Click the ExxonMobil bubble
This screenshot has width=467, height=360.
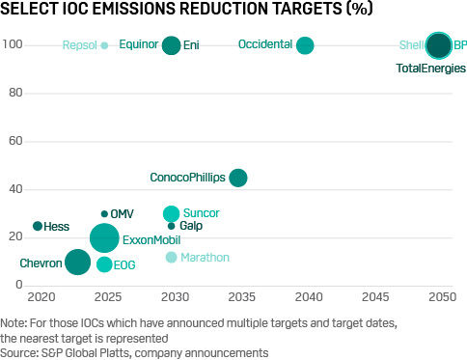pos(104,237)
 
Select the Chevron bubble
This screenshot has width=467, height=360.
pos(78,262)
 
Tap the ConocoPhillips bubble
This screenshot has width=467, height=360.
pos(237,178)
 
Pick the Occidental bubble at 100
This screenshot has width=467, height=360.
pos(305,45)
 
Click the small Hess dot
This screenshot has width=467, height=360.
pos(38,226)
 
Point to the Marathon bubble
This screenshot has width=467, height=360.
pos(172,258)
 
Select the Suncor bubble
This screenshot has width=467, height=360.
pos(171,213)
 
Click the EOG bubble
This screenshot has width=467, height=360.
pos(104,264)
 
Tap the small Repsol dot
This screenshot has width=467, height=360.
pos(104,45)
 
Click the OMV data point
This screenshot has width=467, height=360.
pos(104,214)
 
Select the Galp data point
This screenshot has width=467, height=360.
pos(171,226)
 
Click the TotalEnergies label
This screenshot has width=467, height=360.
pos(431,69)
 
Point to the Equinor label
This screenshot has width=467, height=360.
pos(138,45)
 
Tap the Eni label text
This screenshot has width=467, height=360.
pos(191,45)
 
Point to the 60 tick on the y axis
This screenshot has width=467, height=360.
pos(14,142)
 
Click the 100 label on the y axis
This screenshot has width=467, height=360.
pos(14,45)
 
